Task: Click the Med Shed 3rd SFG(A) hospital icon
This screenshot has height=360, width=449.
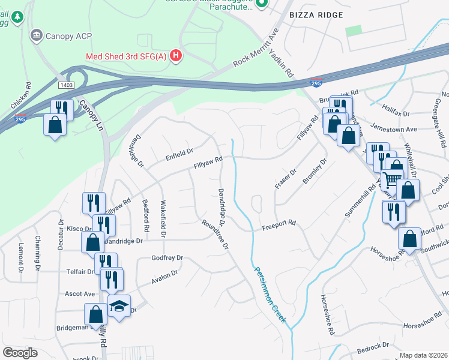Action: coord(176,56)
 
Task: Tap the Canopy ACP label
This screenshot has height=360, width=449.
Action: coord(68,36)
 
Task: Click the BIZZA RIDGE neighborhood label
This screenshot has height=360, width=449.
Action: coord(316,15)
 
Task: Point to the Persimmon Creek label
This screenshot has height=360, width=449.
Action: coord(269,295)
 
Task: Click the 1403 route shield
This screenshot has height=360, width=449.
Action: coord(66,86)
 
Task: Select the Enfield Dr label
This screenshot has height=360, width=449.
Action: coord(179,153)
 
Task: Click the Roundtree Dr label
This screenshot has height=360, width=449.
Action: coord(215,234)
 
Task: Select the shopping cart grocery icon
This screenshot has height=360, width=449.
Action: coord(391,178)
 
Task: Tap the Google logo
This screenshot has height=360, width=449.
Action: coord(20,352)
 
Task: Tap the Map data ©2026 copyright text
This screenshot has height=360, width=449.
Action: coord(423,355)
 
